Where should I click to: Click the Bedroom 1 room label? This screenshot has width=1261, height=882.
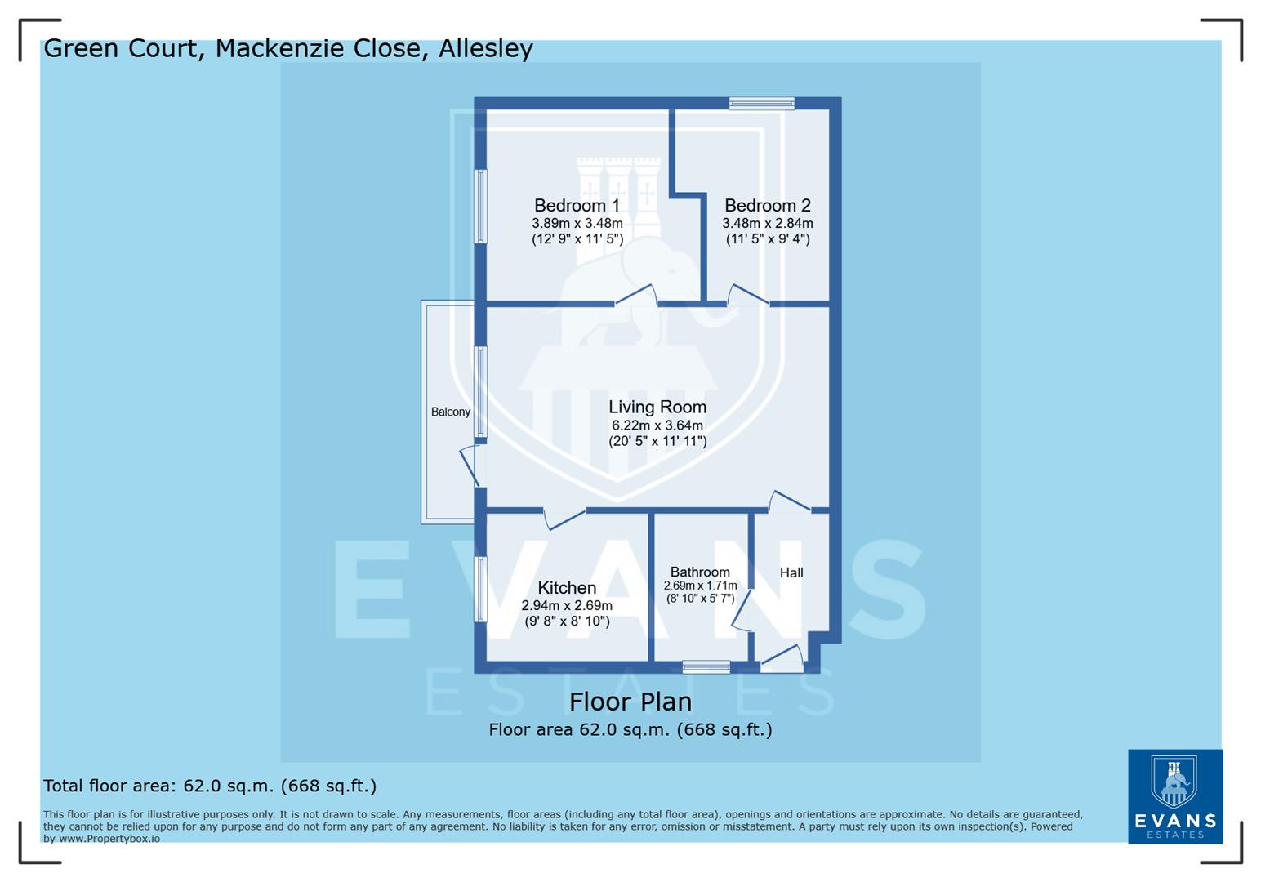(577, 205)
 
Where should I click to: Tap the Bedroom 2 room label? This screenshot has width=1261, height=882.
(767, 205)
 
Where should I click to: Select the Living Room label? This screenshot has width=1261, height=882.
(657, 407)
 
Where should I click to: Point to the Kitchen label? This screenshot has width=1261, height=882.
(567, 587)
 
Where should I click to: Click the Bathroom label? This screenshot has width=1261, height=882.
(700, 572)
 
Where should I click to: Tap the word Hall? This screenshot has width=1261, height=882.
(791, 572)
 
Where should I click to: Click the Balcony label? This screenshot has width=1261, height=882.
(450, 412)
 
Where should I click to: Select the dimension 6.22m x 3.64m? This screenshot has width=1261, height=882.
(657, 425)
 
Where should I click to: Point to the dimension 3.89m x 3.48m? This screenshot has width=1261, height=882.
(577, 223)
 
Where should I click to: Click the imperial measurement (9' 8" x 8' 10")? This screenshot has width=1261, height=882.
(567, 621)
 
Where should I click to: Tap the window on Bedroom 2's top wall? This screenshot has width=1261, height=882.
(761, 103)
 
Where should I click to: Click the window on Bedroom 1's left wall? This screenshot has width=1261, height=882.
(481, 206)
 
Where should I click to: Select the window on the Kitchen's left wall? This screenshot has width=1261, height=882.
(481, 588)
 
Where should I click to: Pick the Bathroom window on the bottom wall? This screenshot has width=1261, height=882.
(706, 666)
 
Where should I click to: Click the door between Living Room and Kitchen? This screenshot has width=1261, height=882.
(565, 518)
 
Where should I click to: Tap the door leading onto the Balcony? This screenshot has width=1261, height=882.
(470, 465)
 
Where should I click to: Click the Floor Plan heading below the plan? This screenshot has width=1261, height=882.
(630, 702)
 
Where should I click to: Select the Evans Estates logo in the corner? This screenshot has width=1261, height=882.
(1174, 796)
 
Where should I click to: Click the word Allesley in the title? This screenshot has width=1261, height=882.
(485, 48)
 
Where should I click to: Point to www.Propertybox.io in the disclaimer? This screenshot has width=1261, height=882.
(109, 839)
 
